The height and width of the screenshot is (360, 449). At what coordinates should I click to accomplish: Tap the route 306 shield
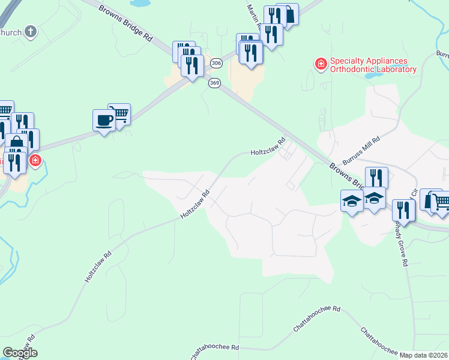coord(216,63)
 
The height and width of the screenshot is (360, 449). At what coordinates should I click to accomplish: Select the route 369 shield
coord(214,83)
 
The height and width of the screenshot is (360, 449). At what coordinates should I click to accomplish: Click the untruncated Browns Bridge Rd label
coord(125,23)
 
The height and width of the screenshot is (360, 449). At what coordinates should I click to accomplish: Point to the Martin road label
coord(253,18)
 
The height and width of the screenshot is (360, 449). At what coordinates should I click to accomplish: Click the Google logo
coord(20,353)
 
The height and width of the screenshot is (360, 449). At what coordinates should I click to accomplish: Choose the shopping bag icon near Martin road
coord(288,14)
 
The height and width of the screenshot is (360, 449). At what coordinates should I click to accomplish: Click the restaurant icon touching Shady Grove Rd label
coord(403,211)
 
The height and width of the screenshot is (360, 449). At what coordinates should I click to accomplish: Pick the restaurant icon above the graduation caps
coord(376,178)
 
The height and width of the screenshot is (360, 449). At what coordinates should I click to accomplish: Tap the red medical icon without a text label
coord(35,161)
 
